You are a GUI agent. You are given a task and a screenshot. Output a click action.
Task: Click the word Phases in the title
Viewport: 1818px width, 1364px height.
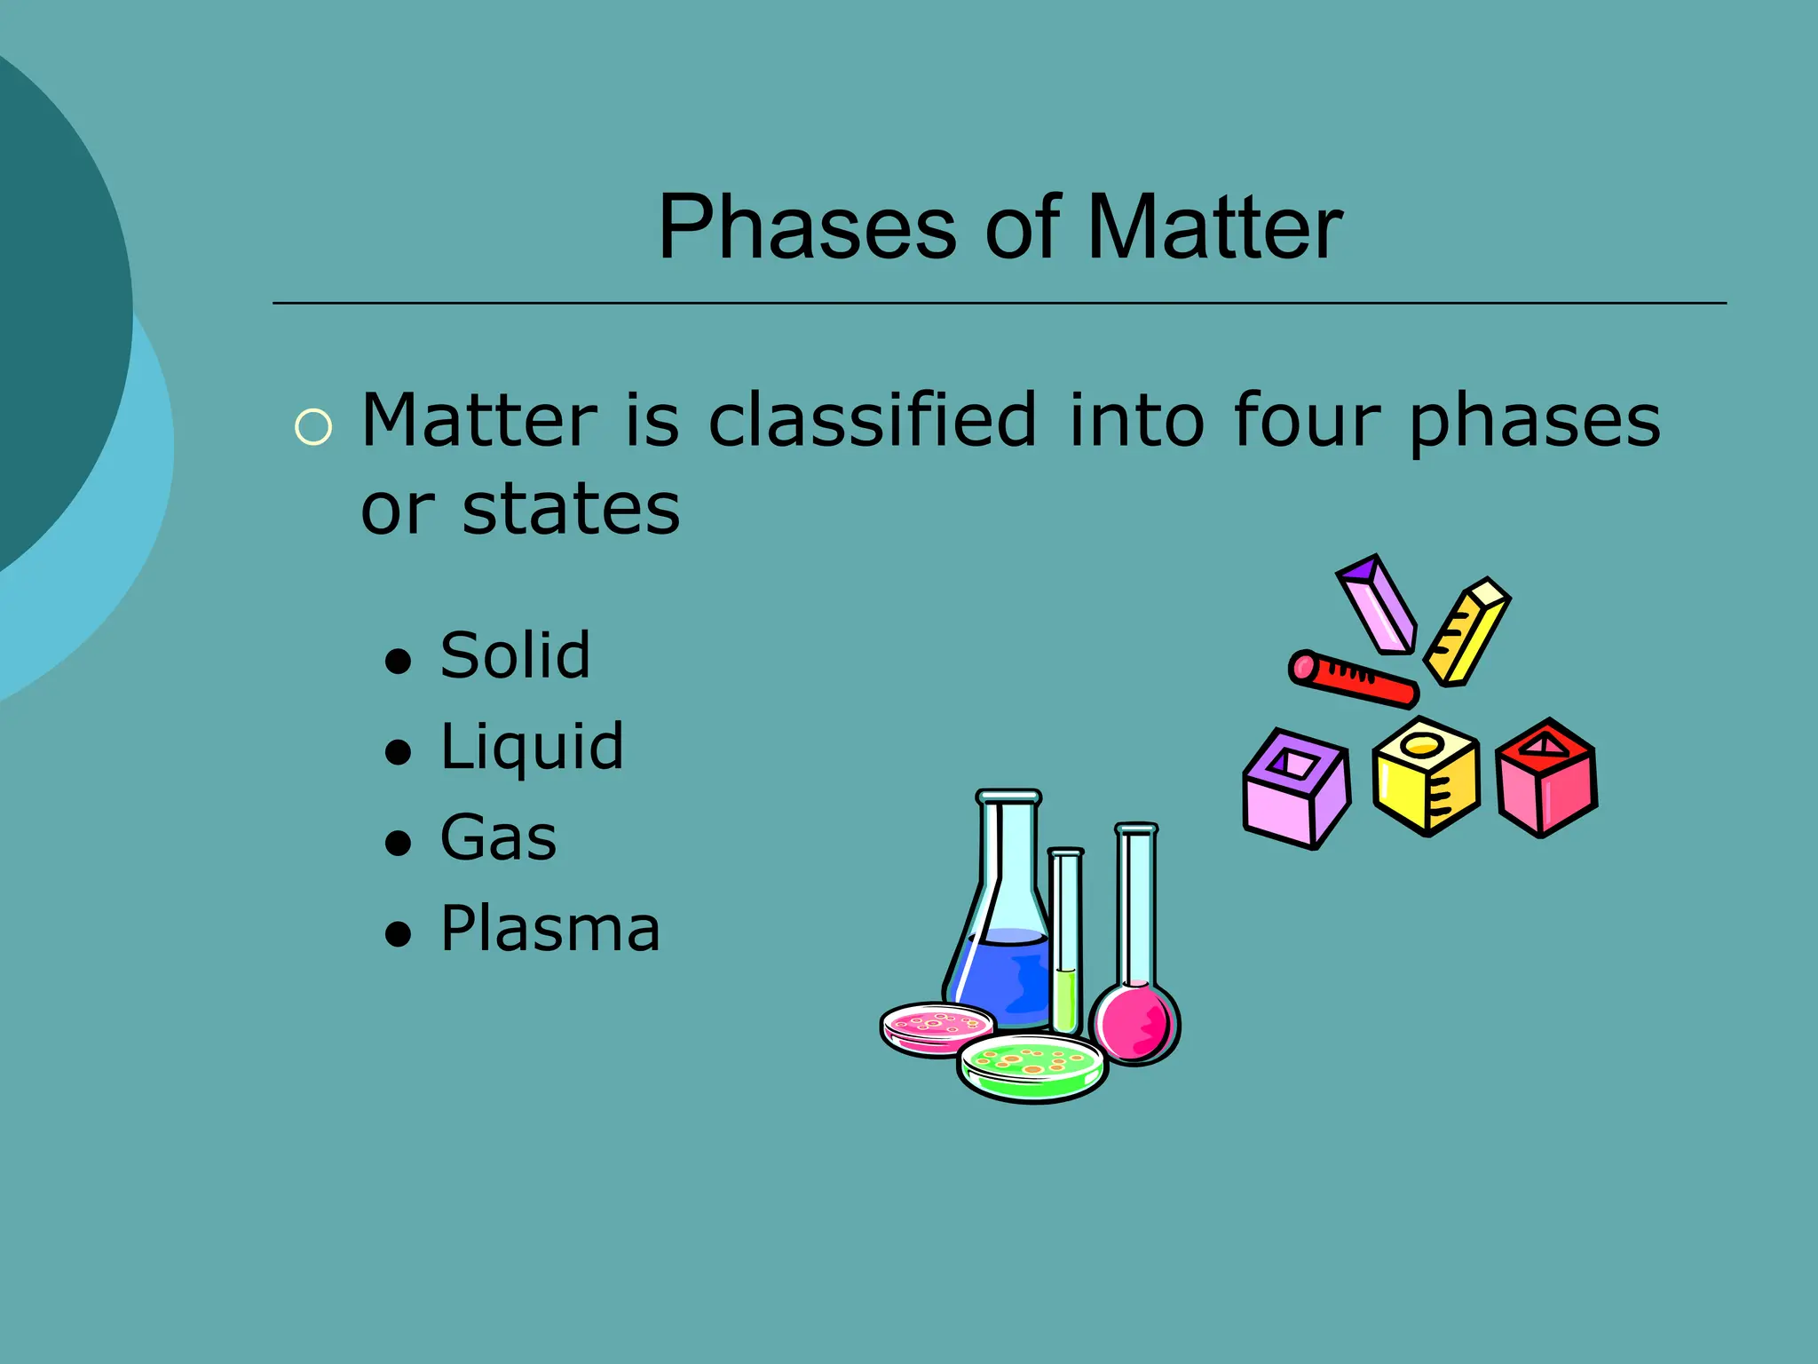807,228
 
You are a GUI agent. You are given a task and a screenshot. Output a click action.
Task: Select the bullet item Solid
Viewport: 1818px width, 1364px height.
515,655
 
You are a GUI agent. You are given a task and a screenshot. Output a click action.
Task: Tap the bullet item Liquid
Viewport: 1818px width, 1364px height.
532,748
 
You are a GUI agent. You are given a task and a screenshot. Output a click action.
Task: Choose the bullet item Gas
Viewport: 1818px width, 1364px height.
498,837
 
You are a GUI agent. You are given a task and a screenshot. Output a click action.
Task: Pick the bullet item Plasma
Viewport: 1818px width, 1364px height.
550,929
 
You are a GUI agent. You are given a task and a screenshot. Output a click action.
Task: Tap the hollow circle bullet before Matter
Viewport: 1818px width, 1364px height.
312,427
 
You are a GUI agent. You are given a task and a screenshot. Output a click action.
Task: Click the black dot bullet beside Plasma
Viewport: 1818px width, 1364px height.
399,934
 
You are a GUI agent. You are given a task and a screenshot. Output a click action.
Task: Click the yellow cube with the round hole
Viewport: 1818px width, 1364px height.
1426,776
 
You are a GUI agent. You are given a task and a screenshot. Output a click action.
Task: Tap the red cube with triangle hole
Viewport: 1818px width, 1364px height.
1546,778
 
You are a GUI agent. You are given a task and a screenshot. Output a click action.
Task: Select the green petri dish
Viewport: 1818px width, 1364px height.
1032,1067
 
